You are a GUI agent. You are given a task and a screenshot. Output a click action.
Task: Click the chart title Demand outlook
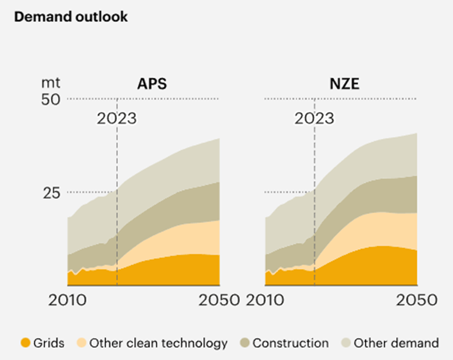(71, 17)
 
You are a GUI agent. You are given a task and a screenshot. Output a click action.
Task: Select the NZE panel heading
(343, 83)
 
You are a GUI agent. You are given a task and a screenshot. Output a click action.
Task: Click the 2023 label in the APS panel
(116, 118)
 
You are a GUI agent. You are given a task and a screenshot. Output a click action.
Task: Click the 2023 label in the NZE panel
(314, 118)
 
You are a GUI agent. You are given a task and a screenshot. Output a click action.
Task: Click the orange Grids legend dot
(25, 343)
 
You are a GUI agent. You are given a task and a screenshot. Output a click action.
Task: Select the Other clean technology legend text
(158, 343)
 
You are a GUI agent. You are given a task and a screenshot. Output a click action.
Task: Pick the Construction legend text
(290, 343)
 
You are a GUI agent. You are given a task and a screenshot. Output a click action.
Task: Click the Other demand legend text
(396, 343)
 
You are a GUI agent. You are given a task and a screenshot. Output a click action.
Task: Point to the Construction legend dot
(244, 343)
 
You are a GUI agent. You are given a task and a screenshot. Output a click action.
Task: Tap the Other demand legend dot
(345, 343)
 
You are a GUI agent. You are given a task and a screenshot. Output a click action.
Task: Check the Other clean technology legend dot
(81, 343)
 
